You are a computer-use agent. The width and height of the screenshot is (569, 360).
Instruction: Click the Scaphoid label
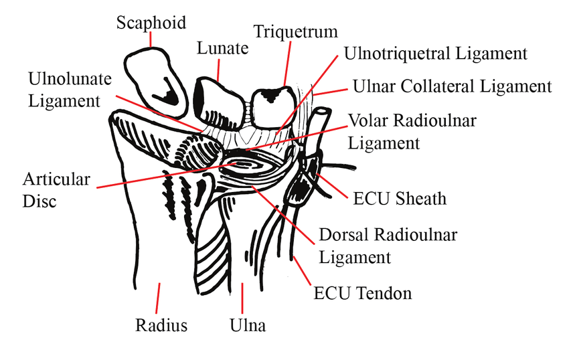pyautogui.click(x=151, y=23)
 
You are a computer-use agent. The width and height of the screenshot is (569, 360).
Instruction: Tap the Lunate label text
pyautogui.click(x=222, y=48)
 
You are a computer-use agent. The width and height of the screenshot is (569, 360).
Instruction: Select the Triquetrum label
pyautogui.click(x=295, y=31)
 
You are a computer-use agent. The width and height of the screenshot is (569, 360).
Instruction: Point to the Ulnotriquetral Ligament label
pyautogui.click(x=435, y=54)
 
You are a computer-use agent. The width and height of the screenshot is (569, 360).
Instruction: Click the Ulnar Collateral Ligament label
pyautogui.click(x=452, y=86)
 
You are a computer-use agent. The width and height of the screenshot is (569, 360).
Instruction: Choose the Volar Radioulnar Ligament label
pyautogui.click(x=412, y=132)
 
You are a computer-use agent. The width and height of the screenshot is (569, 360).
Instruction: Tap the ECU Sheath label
pyautogui.click(x=400, y=199)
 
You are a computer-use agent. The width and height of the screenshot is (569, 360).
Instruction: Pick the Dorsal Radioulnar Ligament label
pyautogui.click(x=388, y=246)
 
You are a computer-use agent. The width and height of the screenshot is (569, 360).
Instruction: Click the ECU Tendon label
pyautogui.click(x=363, y=293)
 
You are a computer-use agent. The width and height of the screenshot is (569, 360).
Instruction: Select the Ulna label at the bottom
pyautogui.click(x=248, y=325)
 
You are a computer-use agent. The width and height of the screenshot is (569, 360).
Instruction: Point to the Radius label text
pyautogui.click(x=161, y=325)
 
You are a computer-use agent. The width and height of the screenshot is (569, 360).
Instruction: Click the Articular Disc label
pyautogui.click(x=56, y=190)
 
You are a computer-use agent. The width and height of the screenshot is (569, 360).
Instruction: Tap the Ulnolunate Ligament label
pyautogui.click(x=70, y=90)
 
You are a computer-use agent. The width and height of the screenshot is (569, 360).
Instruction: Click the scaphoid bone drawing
pyautogui.click(x=155, y=82)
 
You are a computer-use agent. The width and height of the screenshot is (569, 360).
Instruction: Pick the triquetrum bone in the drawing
pyautogui.click(x=273, y=106)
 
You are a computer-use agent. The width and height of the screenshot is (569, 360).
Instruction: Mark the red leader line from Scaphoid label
pyautogui.click(x=151, y=39)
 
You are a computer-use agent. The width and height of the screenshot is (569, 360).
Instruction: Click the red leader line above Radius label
pyautogui.click(x=158, y=298)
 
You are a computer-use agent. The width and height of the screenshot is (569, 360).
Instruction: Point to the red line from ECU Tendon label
pyautogui.click(x=303, y=271)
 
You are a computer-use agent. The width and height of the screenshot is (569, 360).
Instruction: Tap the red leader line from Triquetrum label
pyautogui.click(x=287, y=64)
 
